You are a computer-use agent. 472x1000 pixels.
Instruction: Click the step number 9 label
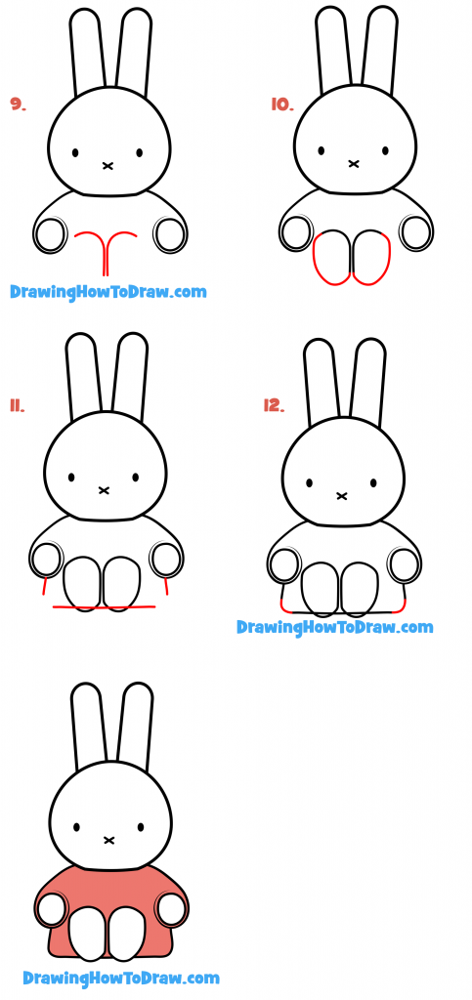coord(18,104)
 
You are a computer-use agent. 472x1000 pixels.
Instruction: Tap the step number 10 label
coord(282,104)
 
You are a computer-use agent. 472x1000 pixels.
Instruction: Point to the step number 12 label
coord(273,405)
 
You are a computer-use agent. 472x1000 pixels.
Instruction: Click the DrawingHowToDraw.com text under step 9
coord(107,291)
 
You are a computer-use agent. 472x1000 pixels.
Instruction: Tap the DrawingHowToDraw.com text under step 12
coord(334,627)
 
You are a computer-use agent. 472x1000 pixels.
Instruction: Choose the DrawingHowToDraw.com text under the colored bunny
coord(121,978)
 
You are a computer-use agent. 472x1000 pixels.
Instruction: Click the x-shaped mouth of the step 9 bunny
coord(107,166)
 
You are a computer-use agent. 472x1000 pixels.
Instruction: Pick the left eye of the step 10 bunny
coord(322,153)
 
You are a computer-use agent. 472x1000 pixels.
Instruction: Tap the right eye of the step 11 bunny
coord(135,478)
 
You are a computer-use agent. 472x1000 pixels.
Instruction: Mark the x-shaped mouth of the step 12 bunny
coord(342,496)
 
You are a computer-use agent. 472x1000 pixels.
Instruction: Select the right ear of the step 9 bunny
coord(134,54)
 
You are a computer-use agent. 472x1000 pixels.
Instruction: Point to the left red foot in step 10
coord(333,258)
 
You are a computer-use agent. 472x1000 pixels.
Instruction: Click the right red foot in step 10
coord(371,258)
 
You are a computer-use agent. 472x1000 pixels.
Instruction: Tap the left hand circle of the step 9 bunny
coord(50,234)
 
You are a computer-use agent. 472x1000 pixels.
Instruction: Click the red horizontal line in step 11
coord(104,608)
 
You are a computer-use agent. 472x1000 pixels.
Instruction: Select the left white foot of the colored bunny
coord(91,933)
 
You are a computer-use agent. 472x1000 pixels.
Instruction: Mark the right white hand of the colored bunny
coord(172,909)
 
